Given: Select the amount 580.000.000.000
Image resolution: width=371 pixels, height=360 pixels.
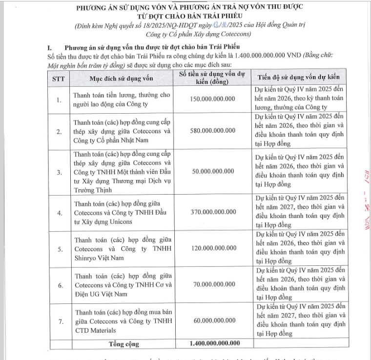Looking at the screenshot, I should (211, 131).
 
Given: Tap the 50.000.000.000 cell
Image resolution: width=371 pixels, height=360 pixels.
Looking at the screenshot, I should (211, 171).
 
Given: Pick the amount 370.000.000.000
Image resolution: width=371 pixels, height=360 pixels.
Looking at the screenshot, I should (211, 212).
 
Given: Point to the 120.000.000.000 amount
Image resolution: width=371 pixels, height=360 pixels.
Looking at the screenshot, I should (211, 248).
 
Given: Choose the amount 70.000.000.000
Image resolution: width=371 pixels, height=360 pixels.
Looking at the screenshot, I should (211, 284).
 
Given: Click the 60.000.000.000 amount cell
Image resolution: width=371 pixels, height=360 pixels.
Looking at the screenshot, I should (211, 321).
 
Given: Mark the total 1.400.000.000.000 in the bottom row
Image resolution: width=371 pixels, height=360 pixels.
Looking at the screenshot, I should (211, 343).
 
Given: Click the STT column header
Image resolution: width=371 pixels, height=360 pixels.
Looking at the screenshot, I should (58, 78).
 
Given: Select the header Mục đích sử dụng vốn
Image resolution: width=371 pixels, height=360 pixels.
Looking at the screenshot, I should (122, 78).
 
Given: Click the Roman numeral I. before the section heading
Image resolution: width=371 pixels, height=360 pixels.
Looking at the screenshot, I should (49, 48).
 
